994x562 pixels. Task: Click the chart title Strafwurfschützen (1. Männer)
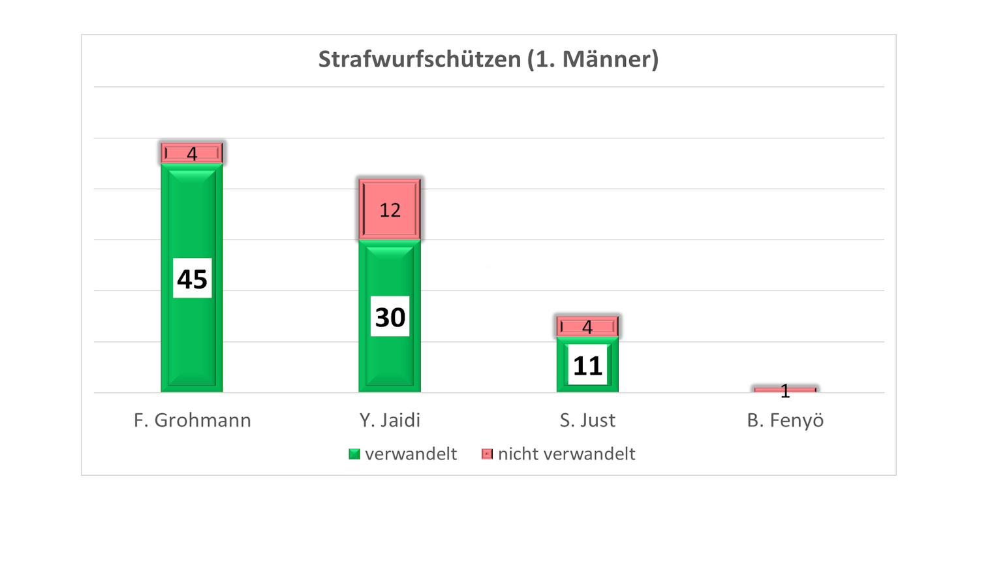coord(488,59)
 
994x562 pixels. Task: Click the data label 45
coord(192,279)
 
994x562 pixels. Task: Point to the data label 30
coord(390,317)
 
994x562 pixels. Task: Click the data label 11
coord(587,366)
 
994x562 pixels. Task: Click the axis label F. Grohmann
coord(193,420)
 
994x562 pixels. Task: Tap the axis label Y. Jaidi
coord(390,420)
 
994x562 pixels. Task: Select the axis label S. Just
coord(587,420)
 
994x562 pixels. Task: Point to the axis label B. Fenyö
coord(785,420)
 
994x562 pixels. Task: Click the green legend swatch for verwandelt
coord(354,454)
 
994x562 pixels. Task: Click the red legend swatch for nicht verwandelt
coord(487,454)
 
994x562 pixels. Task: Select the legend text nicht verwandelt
coord(567,454)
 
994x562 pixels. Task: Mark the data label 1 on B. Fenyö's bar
coord(785,391)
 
